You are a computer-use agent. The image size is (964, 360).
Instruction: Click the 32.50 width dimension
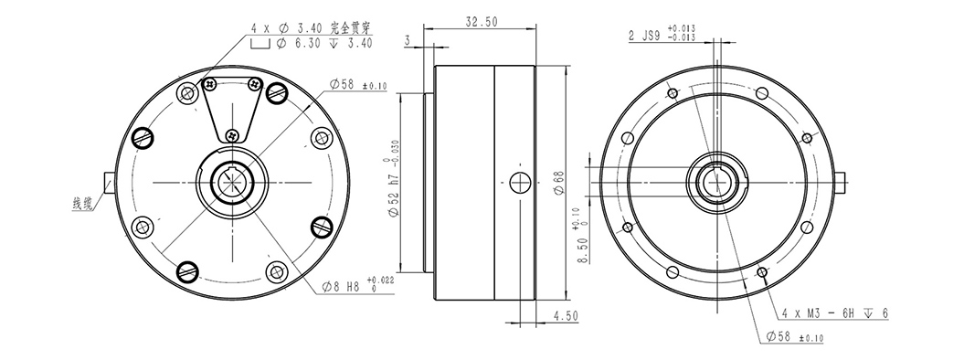click(482, 22)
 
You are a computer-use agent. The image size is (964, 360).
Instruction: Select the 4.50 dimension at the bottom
click(566, 316)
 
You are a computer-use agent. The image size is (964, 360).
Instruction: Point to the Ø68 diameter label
click(559, 183)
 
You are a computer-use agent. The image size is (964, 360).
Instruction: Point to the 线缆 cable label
click(83, 203)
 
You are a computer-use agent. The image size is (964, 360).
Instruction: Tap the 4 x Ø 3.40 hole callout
click(312, 27)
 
